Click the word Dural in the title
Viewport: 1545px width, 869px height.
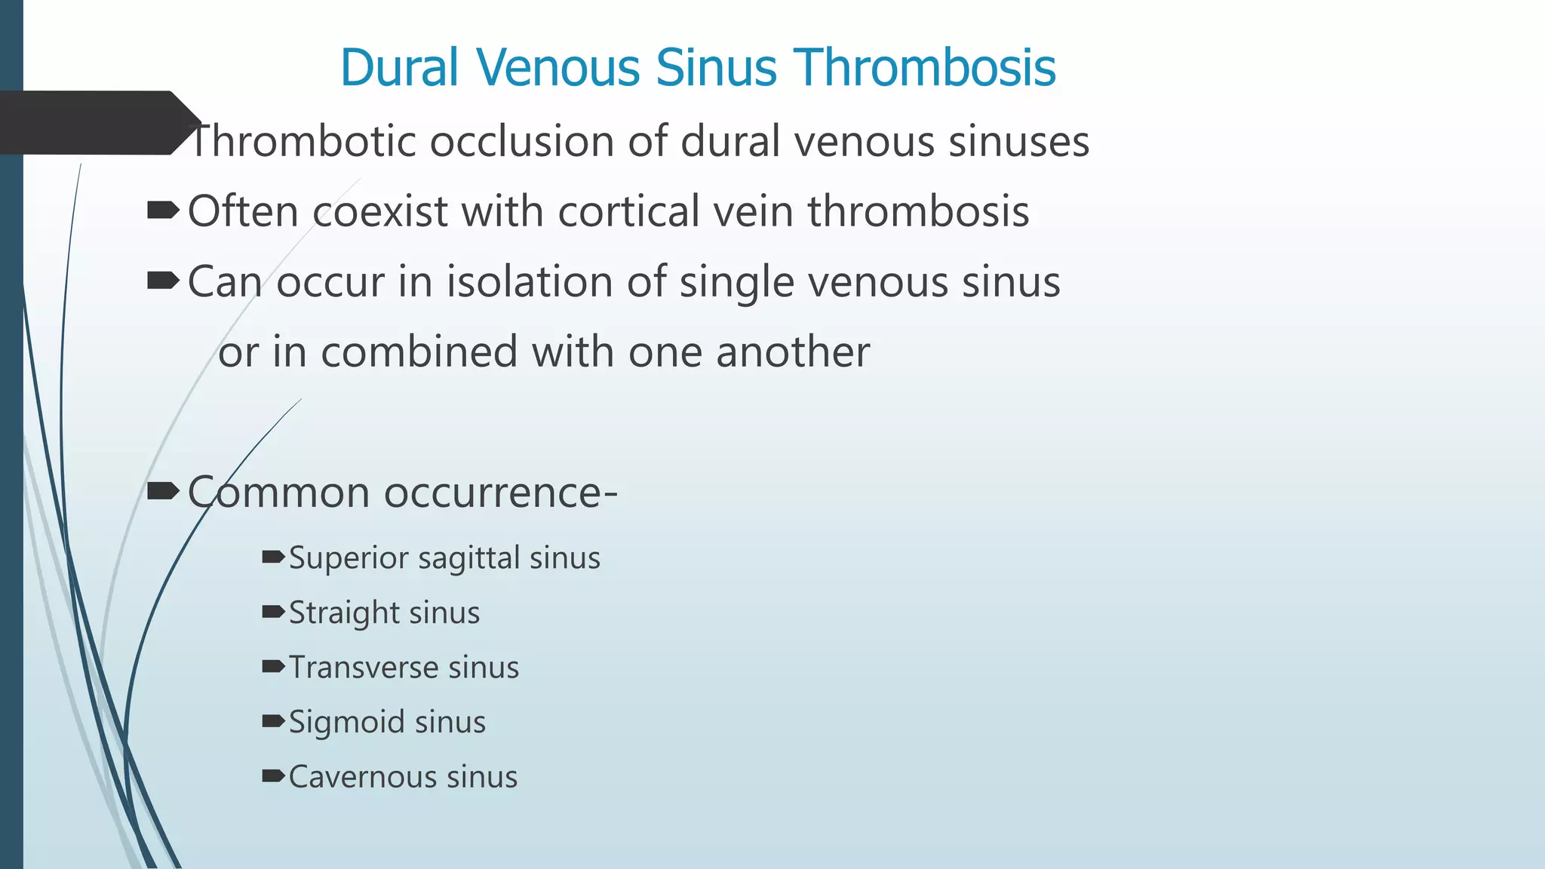[x=400, y=68]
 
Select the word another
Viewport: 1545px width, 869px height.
[x=793, y=352]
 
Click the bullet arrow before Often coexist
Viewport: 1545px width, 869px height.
[x=163, y=210]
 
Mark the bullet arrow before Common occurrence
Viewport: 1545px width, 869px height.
[x=163, y=492]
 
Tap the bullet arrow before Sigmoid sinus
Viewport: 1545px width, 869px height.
[x=273, y=721]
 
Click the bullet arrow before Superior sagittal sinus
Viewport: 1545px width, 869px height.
[x=273, y=557]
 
